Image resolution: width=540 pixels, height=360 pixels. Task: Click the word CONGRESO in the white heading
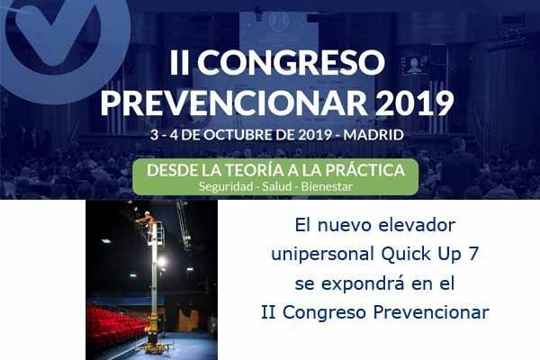coord(291,62)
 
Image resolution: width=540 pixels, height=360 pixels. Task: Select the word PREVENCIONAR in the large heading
coord(234,103)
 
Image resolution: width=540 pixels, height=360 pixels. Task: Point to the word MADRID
coord(373,135)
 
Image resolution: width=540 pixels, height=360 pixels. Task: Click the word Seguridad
coord(226,186)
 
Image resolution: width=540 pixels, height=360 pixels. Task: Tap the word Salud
coord(277,186)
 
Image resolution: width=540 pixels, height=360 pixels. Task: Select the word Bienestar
coord(327,186)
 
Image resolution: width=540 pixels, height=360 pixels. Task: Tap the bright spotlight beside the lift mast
coord(161,263)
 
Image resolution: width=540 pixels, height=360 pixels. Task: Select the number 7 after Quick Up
coord(474,254)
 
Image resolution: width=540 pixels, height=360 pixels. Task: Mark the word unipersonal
coord(323,255)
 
